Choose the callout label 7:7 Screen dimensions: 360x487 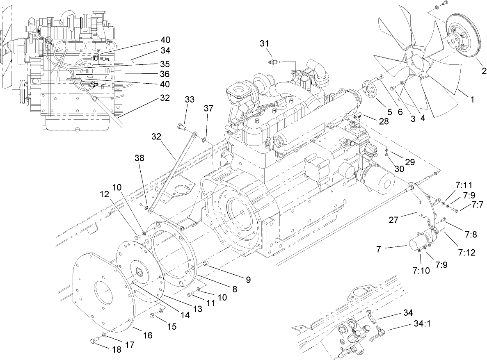477,204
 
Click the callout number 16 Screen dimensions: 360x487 147,335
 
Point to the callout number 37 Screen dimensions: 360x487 209,108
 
